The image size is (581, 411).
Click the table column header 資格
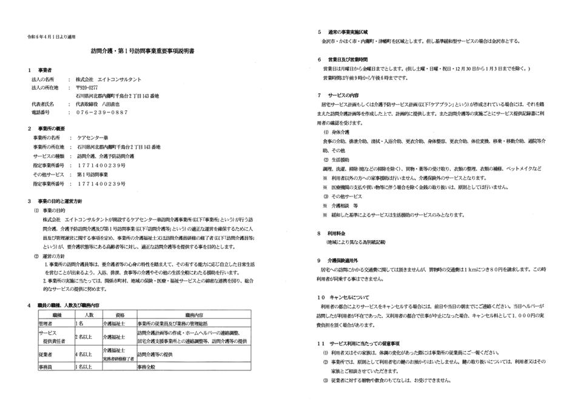[x=119, y=315]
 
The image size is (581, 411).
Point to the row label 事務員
[x=48, y=367]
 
